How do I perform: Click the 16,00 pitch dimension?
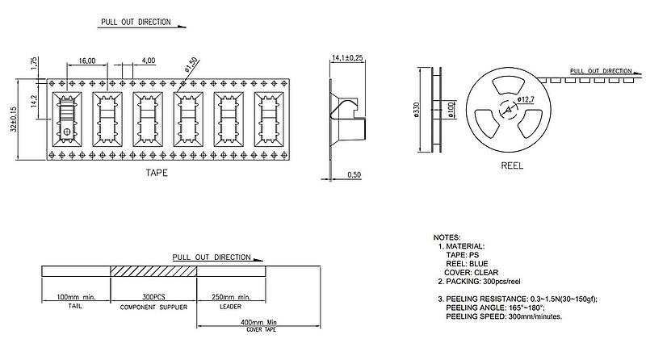87,61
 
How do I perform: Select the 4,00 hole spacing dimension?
149,61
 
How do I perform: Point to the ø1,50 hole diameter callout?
191,65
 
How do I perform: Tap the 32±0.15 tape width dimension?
14,119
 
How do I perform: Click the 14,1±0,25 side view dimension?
348,57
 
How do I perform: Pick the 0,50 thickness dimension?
354,174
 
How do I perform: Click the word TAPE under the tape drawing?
157,173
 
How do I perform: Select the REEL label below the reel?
512,165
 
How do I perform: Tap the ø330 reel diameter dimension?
416,110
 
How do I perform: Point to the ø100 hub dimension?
451,110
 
